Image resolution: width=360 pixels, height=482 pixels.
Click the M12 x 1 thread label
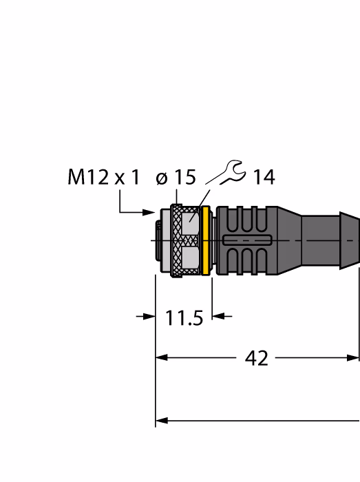click(103, 177)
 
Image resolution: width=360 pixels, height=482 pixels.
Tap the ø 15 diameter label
click(176, 177)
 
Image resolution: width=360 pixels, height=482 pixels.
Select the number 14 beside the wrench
click(264, 177)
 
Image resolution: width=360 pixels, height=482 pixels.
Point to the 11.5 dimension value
click(184, 318)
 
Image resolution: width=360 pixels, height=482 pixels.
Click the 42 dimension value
click(257, 358)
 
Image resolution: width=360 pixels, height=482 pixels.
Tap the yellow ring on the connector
click(206, 241)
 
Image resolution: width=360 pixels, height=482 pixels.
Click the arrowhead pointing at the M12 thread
click(149, 212)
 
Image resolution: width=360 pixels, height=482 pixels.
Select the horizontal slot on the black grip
click(247, 240)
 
